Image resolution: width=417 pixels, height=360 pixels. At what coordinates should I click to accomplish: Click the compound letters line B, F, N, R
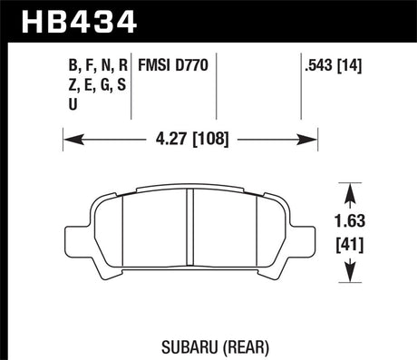(x=95, y=64)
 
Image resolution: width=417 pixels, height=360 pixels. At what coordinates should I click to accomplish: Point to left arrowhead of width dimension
(x=69, y=141)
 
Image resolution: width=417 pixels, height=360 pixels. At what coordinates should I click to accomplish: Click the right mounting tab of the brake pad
(x=307, y=238)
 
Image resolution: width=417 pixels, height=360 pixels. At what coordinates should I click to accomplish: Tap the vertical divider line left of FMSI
(x=132, y=86)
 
